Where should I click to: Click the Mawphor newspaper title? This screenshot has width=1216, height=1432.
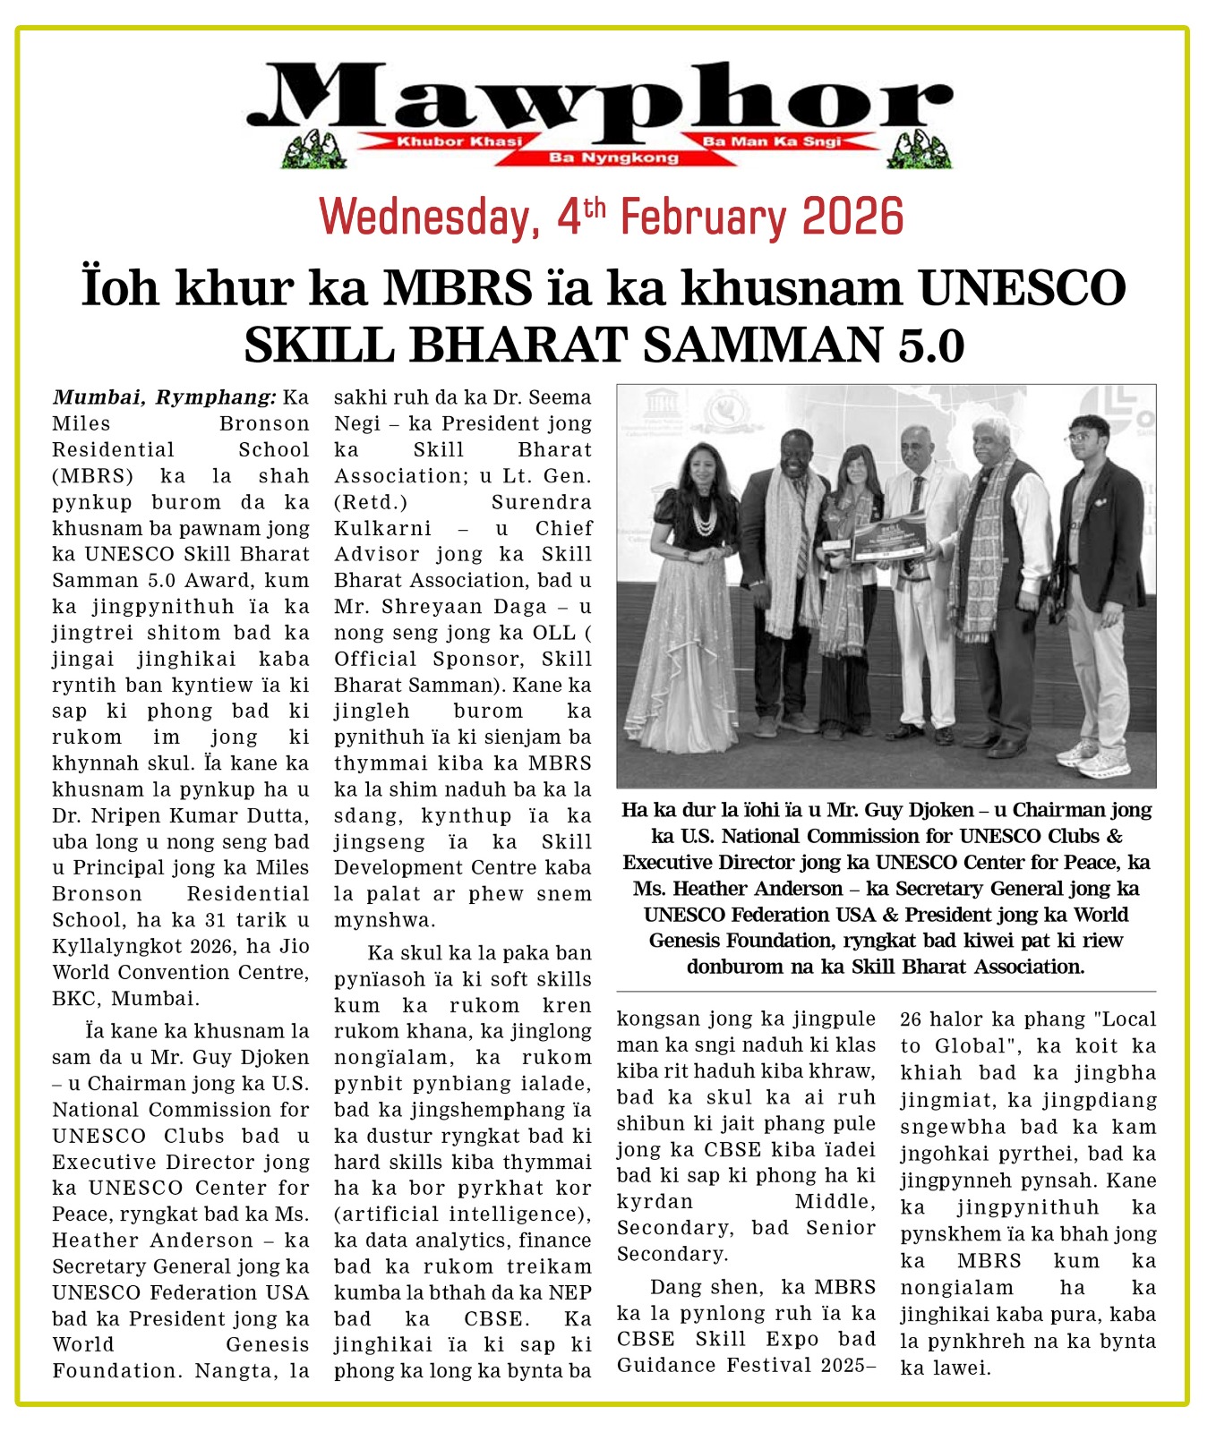[x=600, y=98]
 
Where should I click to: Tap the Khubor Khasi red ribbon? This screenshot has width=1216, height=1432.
[x=458, y=141]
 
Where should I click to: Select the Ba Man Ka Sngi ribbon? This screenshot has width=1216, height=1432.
[x=772, y=141]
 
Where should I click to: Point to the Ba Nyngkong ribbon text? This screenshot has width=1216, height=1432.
[x=614, y=158]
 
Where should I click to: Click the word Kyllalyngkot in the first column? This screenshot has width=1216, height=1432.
[x=112, y=946]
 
